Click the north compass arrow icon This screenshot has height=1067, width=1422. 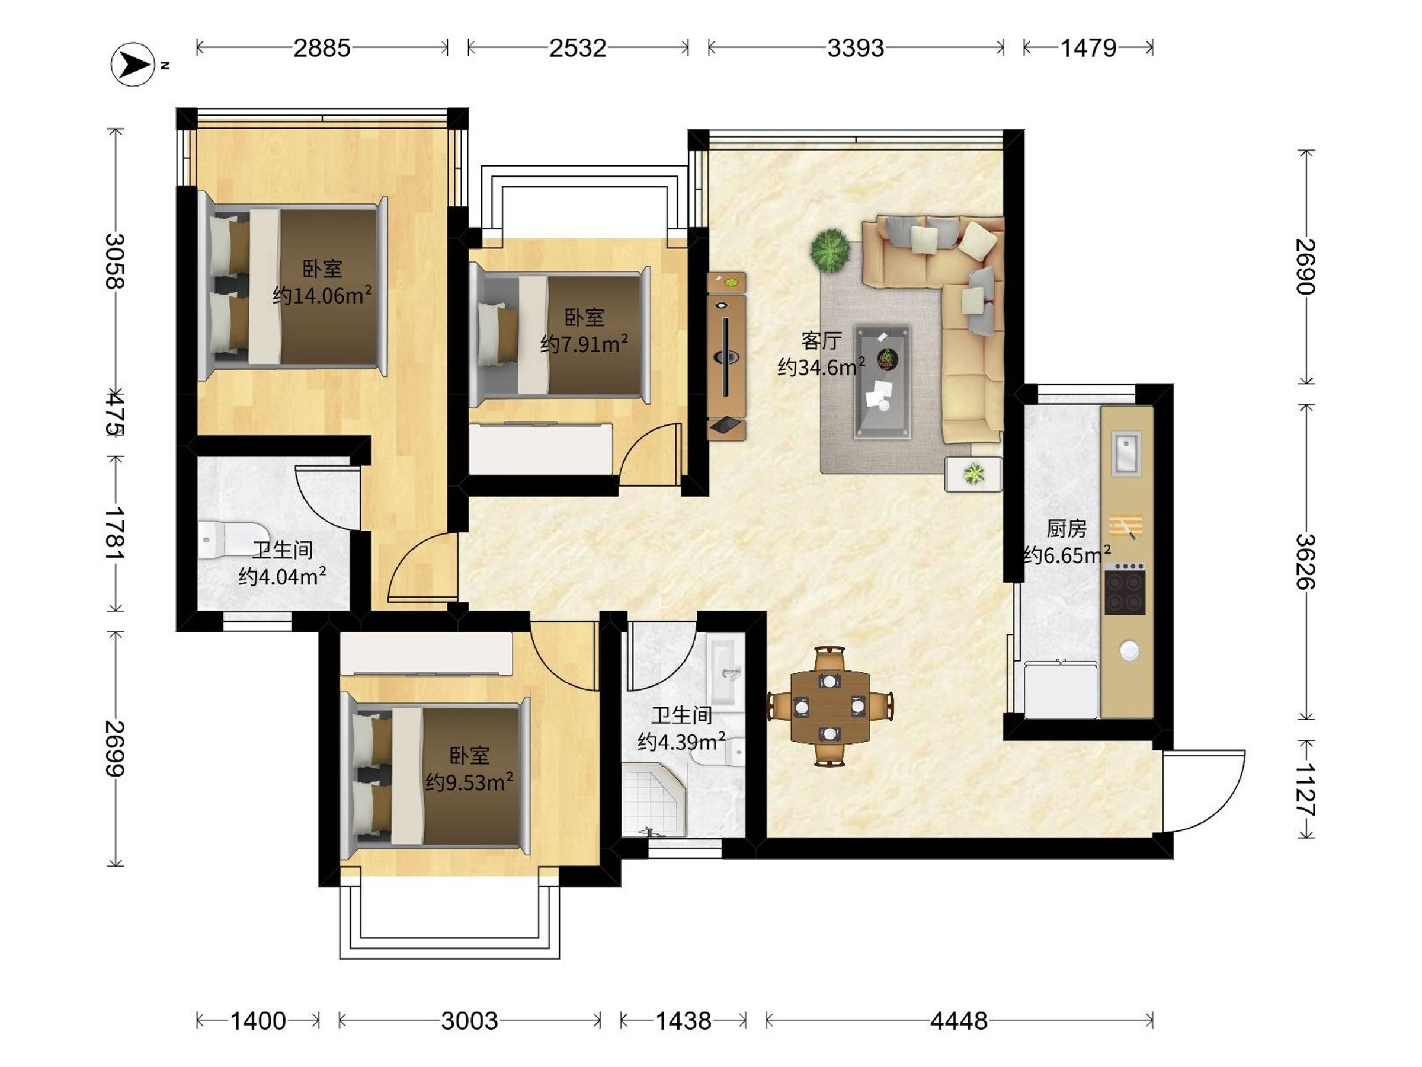(x=133, y=63)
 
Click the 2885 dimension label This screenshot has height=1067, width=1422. (x=322, y=47)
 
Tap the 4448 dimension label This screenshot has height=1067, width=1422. (x=959, y=1021)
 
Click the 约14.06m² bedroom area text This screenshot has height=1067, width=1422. (x=322, y=295)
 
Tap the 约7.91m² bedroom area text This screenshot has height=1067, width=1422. (x=584, y=344)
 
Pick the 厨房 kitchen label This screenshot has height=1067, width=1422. (x=1066, y=529)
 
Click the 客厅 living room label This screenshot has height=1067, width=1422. (x=821, y=340)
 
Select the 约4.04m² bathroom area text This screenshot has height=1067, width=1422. (x=281, y=576)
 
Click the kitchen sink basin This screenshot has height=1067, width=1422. (x=1127, y=453)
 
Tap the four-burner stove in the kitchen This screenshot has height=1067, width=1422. (x=1125, y=589)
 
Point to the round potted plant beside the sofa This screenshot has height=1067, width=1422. (x=830, y=250)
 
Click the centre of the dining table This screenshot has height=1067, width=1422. (x=830, y=706)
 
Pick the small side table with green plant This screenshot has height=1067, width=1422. (x=973, y=474)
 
